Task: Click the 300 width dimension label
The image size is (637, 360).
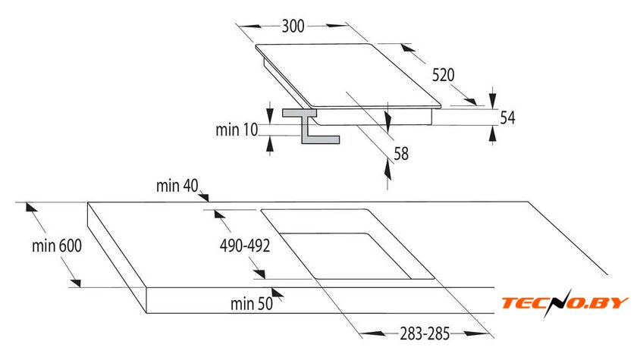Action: click(293, 26)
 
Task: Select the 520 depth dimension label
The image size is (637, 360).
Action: click(443, 75)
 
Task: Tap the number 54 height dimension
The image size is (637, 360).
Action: click(507, 117)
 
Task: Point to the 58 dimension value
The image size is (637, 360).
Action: click(401, 154)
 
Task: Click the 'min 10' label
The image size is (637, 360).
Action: click(237, 130)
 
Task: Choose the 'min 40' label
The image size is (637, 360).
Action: click(177, 186)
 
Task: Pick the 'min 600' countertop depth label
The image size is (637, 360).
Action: click(57, 246)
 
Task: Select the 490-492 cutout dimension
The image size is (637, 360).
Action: click(245, 246)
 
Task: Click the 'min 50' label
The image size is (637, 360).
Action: click(252, 304)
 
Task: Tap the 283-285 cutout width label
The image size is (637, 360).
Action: click(425, 334)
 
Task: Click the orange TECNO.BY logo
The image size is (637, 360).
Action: click(565, 302)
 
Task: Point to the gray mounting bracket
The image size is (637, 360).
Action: click(311, 127)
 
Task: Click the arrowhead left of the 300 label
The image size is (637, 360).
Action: click(249, 27)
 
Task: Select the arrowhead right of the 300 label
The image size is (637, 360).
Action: click(337, 25)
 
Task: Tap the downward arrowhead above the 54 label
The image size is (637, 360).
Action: click(493, 99)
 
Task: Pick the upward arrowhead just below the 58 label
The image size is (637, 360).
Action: click(388, 170)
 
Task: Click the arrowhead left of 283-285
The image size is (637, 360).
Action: click(372, 333)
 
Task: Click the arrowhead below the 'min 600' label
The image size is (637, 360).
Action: click(76, 283)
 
